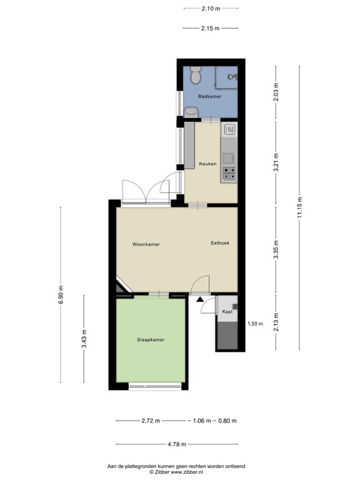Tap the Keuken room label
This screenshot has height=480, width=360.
(x=207, y=164)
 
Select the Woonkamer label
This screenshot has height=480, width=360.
(x=146, y=244)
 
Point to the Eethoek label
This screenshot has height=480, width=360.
(x=220, y=243)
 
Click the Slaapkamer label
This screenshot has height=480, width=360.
(x=151, y=339)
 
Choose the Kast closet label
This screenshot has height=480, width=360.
(x=227, y=311)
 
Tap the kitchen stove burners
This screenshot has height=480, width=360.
(x=229, y=173)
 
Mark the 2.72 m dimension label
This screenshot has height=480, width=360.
(x=150, y=421)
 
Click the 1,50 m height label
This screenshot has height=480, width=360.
(x=256, y=324)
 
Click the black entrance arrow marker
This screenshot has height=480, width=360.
(x=200, y=301)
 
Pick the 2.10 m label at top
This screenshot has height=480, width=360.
(x=211, y=8)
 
